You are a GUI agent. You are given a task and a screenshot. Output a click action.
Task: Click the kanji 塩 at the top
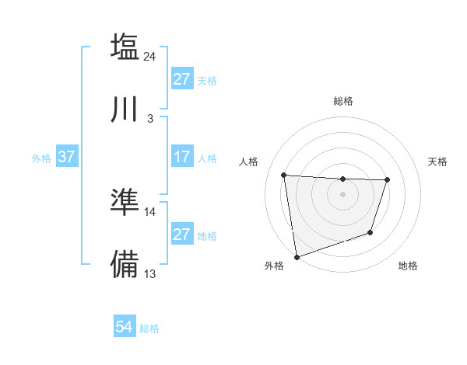125,46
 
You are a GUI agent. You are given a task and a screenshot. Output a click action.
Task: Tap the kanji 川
125,109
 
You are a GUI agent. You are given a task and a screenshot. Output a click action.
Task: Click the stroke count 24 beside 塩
151,56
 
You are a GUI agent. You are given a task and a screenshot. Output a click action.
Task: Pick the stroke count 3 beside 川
149,119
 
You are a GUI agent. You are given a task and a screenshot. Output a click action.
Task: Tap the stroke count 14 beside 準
150,211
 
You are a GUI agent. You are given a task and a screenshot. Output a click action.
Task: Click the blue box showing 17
181,158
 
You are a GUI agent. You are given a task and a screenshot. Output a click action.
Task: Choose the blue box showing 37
66,158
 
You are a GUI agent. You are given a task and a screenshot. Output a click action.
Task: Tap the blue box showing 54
124,328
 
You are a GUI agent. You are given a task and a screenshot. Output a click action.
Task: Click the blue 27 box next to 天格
181,80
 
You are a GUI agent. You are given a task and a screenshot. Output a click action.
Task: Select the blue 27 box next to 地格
181,235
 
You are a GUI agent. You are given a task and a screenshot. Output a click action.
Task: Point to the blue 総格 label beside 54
149,328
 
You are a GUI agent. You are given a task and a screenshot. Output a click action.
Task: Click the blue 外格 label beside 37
41,158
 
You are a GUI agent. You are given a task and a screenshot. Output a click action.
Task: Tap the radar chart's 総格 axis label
343,101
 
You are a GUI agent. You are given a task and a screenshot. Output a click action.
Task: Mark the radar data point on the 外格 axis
297,256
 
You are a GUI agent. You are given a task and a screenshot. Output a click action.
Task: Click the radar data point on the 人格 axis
284,175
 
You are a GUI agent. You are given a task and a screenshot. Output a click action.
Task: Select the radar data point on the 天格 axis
387,180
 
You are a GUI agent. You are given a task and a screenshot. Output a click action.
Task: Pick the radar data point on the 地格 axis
371,232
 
